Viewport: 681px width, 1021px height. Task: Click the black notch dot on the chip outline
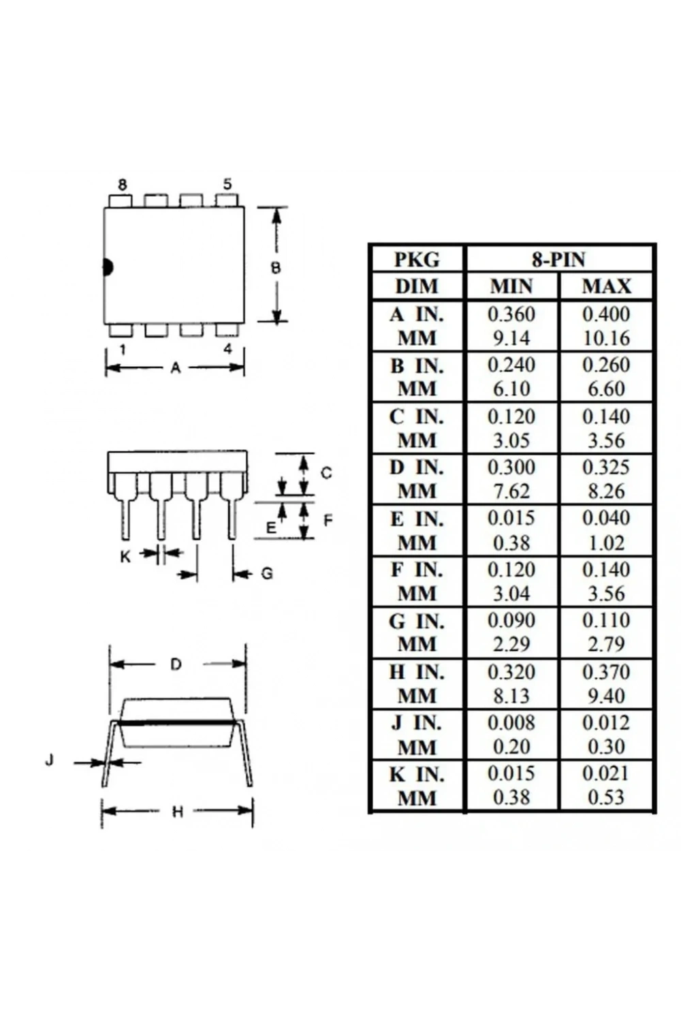108,267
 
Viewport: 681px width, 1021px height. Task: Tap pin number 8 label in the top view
123,184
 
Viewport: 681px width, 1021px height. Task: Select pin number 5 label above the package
227,184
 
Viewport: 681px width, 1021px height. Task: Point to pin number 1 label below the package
123,350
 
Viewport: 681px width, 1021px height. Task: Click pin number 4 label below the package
227,349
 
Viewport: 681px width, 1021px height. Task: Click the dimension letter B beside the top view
276,268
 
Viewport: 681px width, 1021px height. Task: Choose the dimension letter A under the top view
175,368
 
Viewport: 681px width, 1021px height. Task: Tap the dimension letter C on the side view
326,473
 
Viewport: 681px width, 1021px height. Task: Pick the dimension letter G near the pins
267,573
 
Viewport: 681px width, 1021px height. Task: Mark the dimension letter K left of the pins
125,556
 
